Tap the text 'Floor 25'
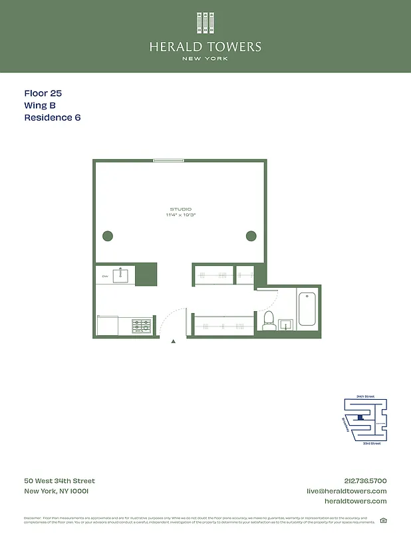(x=43, y=94)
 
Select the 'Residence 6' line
(x=52, y=118)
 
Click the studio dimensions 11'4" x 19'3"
(x=180, y=215)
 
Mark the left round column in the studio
(x=108, y=235)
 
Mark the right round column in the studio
(x=251, y=235)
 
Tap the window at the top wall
(x=168, y=161)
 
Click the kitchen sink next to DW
(x=120, y=275)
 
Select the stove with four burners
(x=142, y=326)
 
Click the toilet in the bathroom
(x=269, y=320)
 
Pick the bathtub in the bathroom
(x=307, y=309)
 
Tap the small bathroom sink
(x=287, y=325)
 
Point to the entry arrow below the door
(x=174, y=341)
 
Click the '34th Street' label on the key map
(x=365, y=396)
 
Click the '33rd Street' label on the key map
(x=371, y=443)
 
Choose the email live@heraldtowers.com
(x=346, y=491)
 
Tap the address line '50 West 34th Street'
(x=59, y=481)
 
